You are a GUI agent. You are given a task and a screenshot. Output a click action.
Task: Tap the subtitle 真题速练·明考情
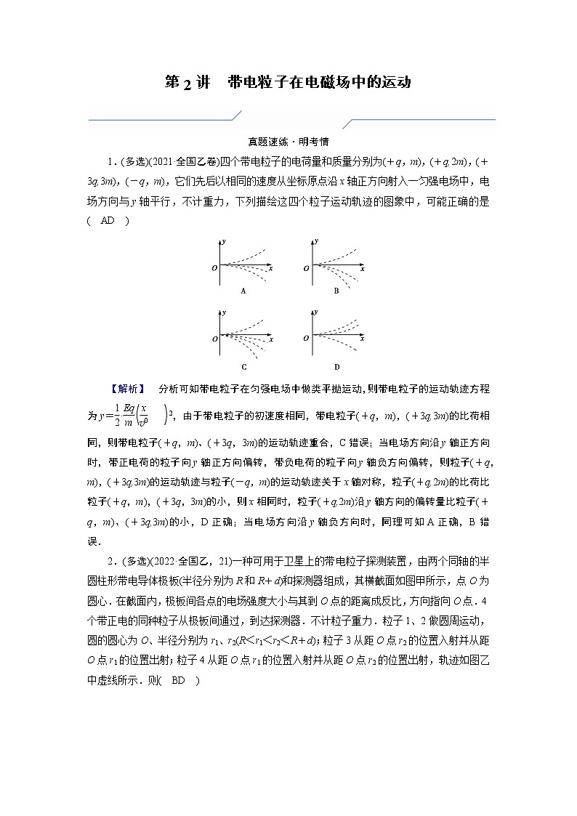click(289, 142)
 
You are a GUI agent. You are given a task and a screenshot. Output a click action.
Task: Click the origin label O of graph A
click(214, 268)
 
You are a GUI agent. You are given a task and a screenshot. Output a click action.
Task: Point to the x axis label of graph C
click(270, 339)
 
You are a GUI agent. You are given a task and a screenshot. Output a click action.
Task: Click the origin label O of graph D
click(307, 339)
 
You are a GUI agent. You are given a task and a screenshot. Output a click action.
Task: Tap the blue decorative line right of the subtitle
click(421, 119)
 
